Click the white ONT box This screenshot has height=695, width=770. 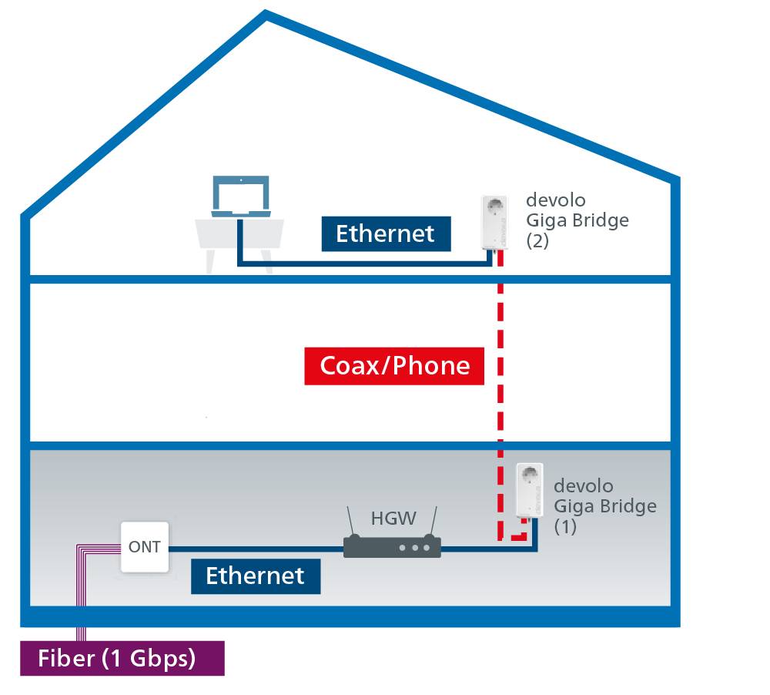[x=145, y=547]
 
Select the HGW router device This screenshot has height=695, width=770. [x=391, y=547]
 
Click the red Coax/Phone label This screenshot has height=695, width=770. [x=394, y=364]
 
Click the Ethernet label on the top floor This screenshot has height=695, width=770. [x=386, y=233]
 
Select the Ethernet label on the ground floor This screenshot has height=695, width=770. [x=255, y=575]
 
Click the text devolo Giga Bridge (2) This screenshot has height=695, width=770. [x=576, y=220]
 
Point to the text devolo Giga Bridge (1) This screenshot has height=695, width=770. [x=604, y=506]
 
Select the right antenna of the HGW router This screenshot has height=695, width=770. [x=433, y=522]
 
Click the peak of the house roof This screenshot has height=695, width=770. [x=266, y=15]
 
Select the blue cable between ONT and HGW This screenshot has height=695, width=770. [x=254, y=549]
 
